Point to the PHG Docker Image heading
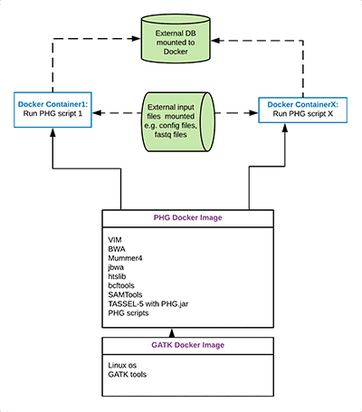186,219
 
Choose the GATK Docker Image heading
186,346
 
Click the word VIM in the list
116,237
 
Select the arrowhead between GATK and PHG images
186,334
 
